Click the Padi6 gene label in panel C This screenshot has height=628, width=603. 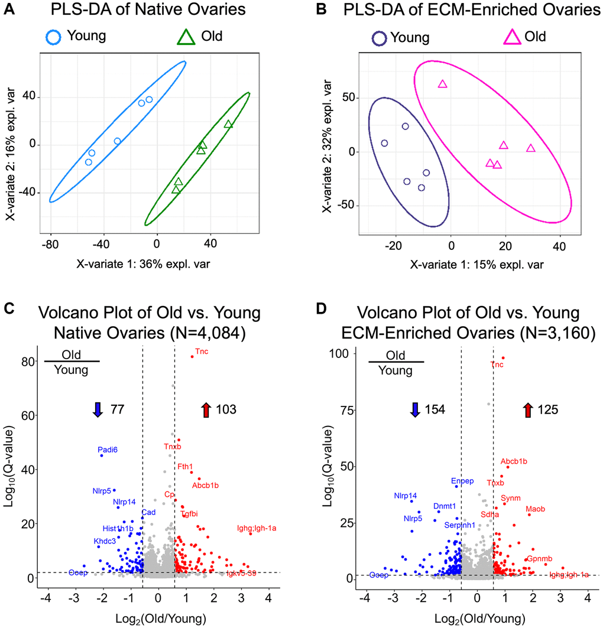click(108, 450)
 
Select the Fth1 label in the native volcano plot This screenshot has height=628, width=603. click(185, 467)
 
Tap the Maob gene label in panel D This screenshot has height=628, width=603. click(535, 509)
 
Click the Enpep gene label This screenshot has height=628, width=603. click(462, 481)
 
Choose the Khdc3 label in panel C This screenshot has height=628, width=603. click(105, 541)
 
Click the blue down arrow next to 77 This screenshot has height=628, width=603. click(98, 409)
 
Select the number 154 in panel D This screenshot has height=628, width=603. click(435, 409)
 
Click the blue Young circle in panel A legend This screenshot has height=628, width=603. click(54, 37)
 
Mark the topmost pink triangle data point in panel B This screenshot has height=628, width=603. click(442, 84)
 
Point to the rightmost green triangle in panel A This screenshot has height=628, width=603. click(228, 124)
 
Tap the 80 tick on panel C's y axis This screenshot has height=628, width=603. click(26, 362)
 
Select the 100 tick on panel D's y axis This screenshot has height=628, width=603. click(342, 353)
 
